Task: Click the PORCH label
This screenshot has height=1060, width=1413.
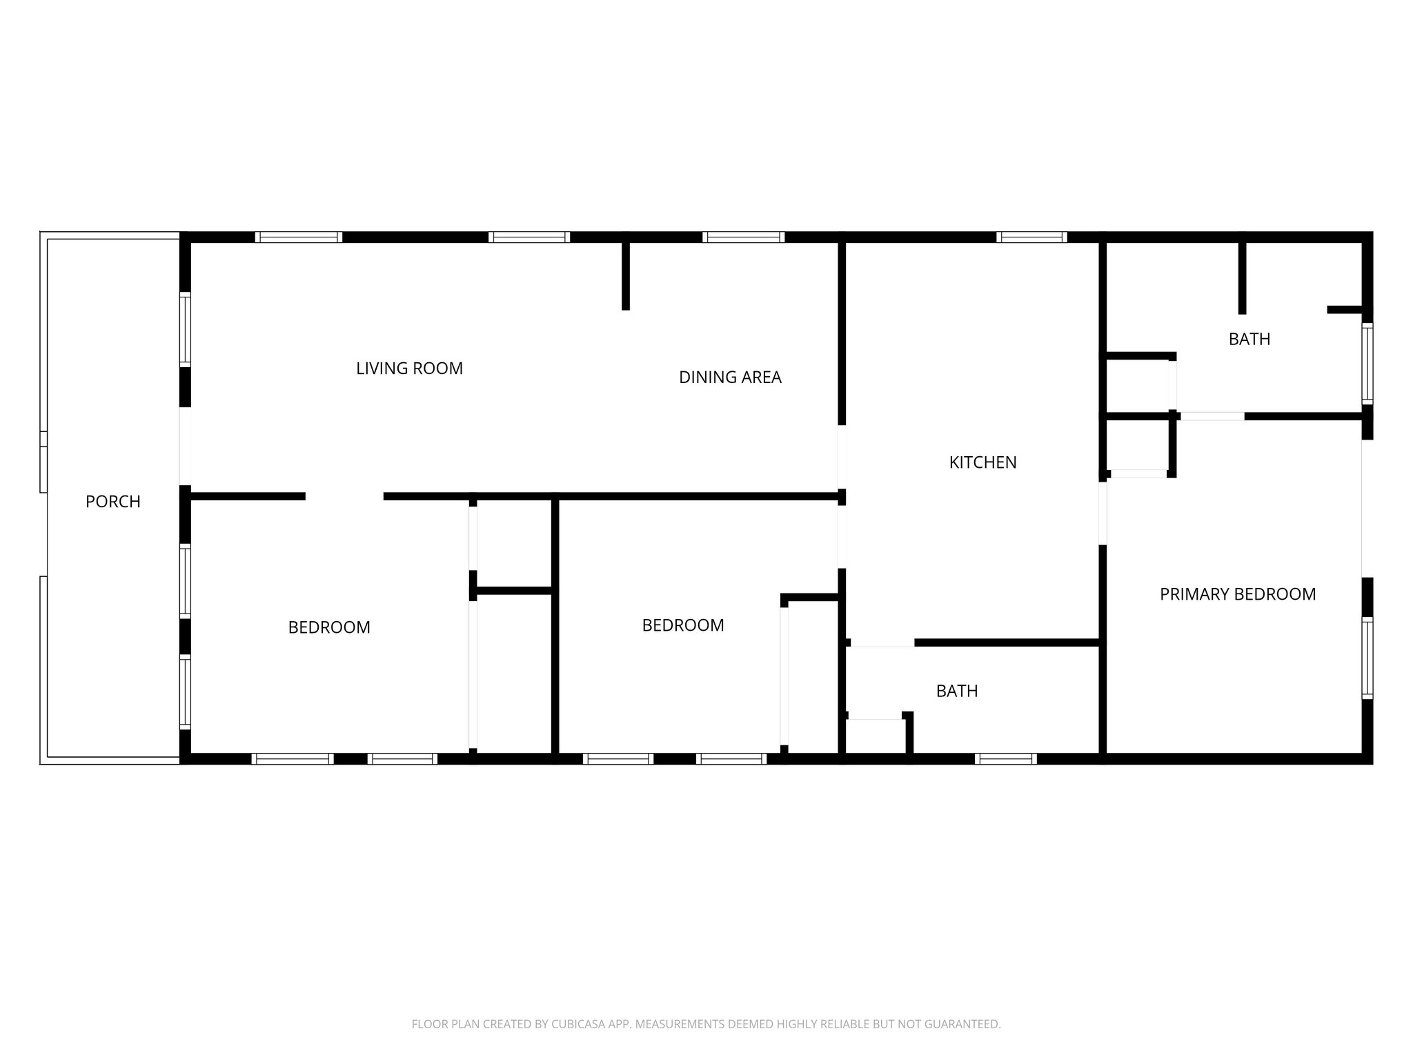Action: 113,502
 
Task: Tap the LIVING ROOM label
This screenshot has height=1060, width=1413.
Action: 409,369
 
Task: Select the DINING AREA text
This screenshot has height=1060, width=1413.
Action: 730,377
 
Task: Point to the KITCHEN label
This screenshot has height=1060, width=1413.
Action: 982,462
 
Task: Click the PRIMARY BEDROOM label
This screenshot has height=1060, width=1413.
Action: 1238,594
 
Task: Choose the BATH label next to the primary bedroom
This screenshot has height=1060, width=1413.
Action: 1249,339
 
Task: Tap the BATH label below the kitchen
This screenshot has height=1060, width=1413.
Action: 957,691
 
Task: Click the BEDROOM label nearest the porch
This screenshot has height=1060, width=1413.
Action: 329,627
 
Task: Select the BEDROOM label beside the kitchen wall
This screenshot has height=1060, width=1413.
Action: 683,625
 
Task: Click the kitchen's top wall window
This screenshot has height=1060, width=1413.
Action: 1031,237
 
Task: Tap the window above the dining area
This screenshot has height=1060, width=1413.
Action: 743,237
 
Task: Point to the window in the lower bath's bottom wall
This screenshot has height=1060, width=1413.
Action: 1006,759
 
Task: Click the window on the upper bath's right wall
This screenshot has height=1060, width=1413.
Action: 1367,363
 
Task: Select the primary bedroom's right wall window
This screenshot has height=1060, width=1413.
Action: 1367,658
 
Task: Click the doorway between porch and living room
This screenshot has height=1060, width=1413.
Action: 185,446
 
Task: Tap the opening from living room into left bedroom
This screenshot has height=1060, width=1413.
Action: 344,496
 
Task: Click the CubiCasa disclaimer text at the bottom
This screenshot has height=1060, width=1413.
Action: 706,1024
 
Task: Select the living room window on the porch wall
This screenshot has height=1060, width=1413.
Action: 185,330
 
